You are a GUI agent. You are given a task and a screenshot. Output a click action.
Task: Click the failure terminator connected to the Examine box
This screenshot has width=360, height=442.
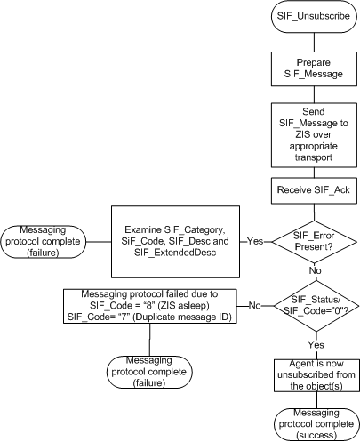click(42, 240)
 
